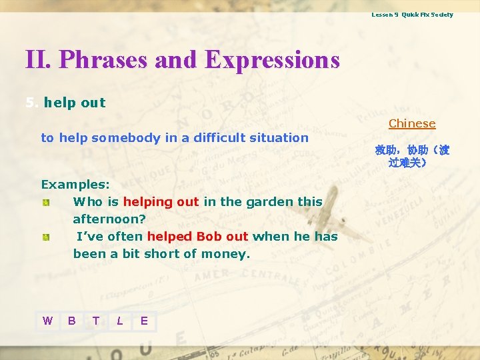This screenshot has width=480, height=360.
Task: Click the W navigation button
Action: coord(47,321)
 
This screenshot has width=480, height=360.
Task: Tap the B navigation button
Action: coord(71,321)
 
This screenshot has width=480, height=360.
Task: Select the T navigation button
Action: coord(96,321)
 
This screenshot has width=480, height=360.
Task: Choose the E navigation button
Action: coord(144,321)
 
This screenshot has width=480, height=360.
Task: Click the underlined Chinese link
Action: coord(412,123)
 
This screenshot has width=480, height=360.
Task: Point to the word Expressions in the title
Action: coord(272,60)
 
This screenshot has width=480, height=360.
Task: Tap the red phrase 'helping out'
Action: coord(161,201)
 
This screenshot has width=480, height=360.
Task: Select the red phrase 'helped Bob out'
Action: coord(197,236)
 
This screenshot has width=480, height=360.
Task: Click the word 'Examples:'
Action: coord(75,184)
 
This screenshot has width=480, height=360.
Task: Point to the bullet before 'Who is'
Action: coord(45,202)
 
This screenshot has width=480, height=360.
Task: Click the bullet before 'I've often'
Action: coord(45,237)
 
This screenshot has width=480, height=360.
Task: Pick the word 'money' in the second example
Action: coord(227,253)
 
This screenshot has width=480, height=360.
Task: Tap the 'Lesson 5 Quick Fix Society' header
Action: coord(412,15)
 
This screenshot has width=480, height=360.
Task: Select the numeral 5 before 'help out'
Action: coord(29,103)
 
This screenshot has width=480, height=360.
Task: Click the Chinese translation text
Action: coord(411,156)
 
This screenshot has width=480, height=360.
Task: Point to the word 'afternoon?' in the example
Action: coord(109,219)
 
